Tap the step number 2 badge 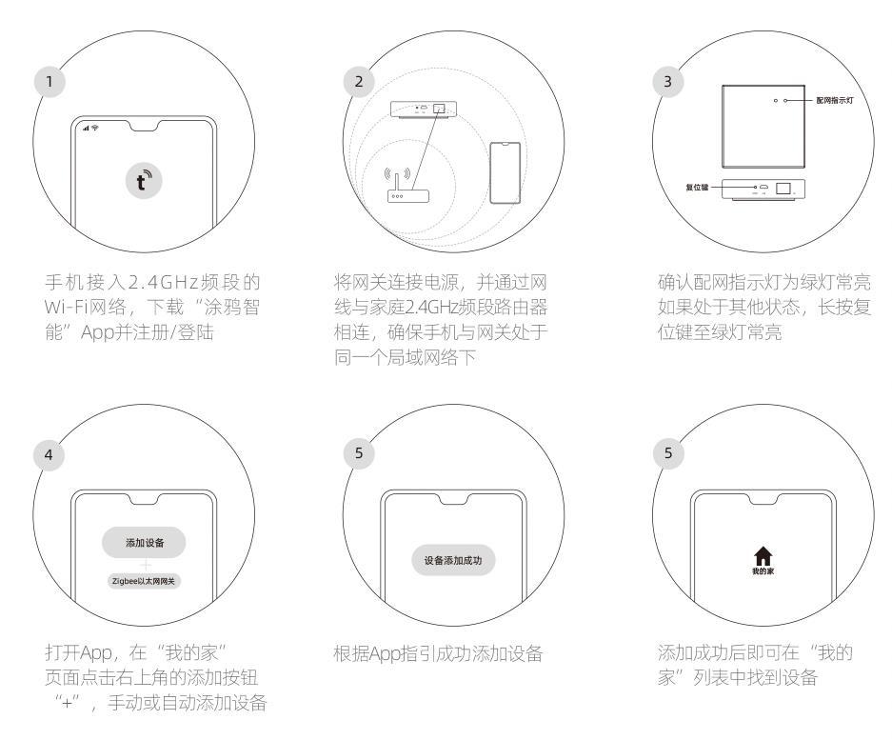click(358, 81)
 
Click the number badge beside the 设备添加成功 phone click(358, 455)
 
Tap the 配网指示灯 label click(835, 100)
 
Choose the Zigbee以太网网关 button click(144, 580)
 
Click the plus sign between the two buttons click(145, 564)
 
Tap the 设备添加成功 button click(453, 561)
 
